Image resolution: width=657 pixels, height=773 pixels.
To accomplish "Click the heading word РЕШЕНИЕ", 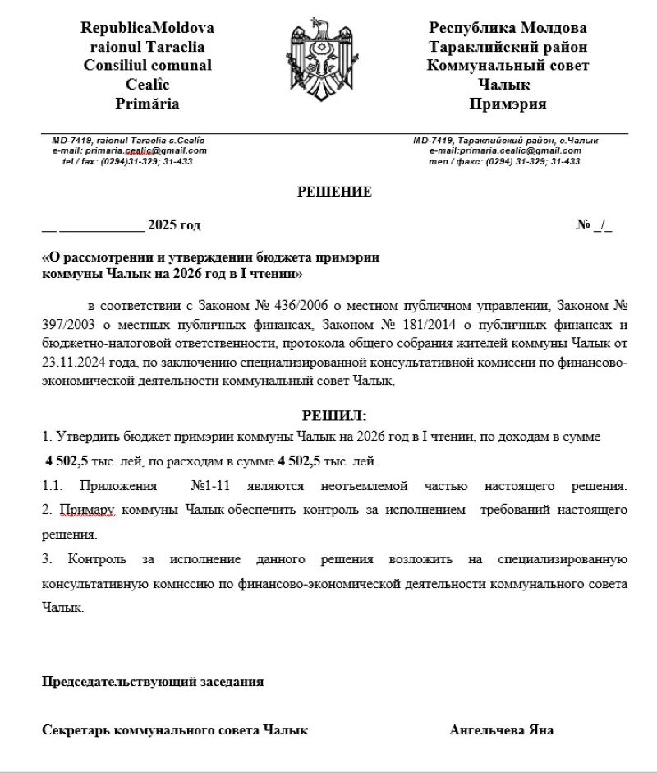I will click(334, 192).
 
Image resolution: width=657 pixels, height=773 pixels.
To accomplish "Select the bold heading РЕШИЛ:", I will click(335, 415).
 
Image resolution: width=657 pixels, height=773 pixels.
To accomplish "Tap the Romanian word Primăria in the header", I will click(148, 104).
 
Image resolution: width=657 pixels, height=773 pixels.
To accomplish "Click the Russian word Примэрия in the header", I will click(508, 104).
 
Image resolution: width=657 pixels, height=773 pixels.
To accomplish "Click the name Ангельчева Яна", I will click(501, 729).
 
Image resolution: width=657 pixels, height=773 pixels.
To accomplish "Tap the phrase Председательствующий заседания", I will click(153, 681).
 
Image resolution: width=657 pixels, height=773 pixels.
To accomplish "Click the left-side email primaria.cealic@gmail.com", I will click(140, 150).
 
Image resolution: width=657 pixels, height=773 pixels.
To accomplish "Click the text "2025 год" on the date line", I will click(173, 225).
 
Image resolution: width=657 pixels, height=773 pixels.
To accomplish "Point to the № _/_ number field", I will click(594, 225).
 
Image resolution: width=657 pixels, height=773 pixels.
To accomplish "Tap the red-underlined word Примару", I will click(89, 510).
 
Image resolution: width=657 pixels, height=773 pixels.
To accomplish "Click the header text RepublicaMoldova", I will click(148, 28).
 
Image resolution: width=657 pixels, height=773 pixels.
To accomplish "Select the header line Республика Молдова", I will click(508, 28).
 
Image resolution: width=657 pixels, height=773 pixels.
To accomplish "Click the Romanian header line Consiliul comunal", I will click(148, 66).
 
